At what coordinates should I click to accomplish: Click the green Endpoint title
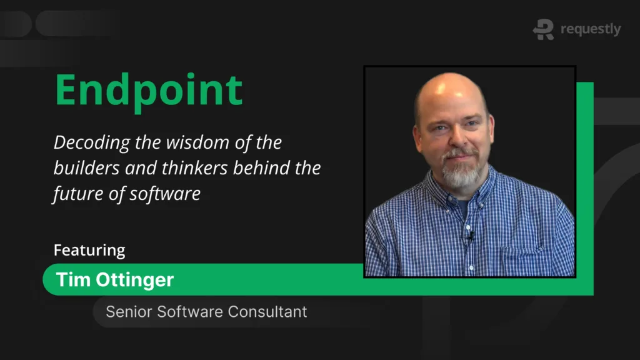pos(149,91)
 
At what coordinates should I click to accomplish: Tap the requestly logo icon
pos(543,29)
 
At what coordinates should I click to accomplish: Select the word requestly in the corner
pos(591,29)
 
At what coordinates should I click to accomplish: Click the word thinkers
pos(194,167)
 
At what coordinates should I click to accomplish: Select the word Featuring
pos(89,250)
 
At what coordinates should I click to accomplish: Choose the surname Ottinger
pos(135,280)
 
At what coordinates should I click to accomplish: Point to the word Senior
pos(129,312)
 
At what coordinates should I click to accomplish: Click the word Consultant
pos(267,312)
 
